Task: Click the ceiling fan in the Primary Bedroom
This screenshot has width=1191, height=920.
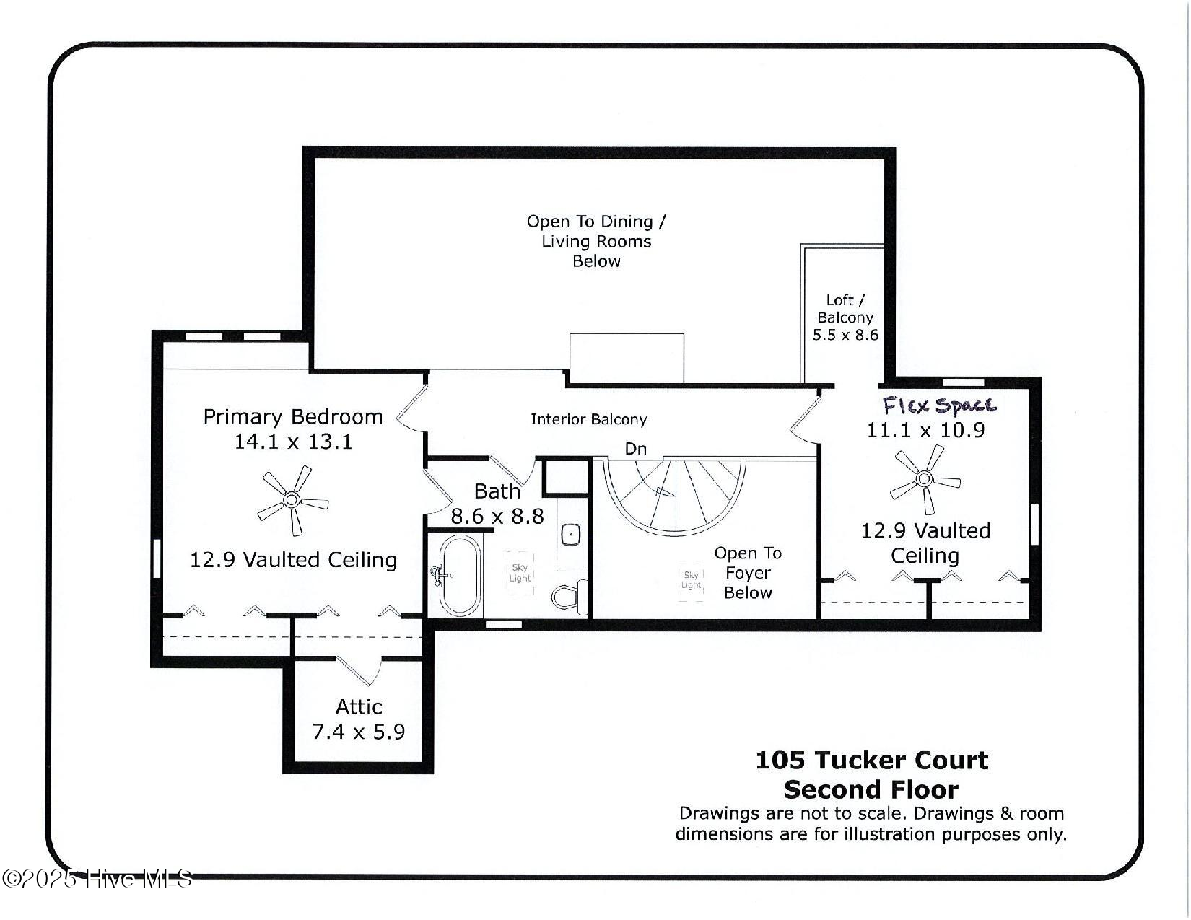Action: [292, 499]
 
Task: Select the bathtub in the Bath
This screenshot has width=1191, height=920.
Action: [460, 575]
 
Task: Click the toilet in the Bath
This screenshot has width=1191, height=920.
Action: [569, 596]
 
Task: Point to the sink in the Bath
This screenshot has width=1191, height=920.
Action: [570, 535]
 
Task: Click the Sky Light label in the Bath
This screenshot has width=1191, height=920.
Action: [520, 573]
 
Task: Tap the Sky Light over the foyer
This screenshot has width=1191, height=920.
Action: [691, 580]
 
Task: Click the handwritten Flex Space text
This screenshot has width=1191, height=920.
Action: [939, 406]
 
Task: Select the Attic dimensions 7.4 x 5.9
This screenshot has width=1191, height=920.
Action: [358, 732]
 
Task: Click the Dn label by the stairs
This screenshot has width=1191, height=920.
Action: [635, 449]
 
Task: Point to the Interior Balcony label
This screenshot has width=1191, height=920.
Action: [588, 419]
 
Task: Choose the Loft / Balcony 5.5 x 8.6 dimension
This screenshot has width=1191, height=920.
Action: [845, 335]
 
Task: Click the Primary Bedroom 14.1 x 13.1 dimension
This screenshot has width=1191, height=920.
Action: [293, 441]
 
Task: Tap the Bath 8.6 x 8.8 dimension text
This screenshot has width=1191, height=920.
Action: [497, 516]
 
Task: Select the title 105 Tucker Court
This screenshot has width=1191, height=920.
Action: [871, 760]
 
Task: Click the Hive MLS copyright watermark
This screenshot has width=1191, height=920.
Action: [97, 879]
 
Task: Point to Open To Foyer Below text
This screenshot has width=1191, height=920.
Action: [748, 573]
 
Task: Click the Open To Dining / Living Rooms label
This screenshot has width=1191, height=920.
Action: [596, 241]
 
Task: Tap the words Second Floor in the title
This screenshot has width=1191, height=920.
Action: [871, 789]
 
